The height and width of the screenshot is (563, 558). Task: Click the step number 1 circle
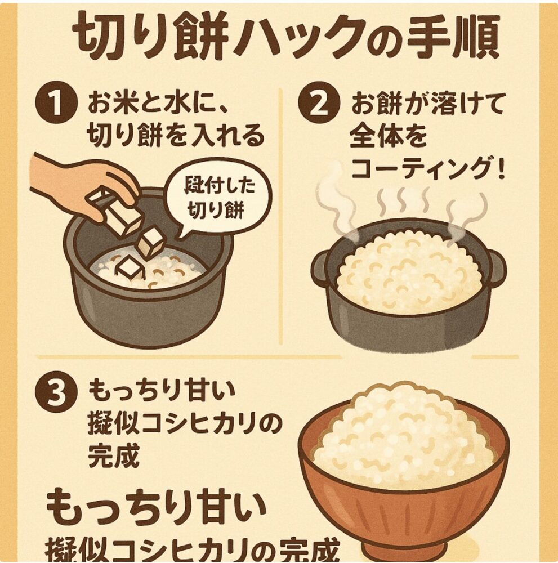(56, 105)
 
